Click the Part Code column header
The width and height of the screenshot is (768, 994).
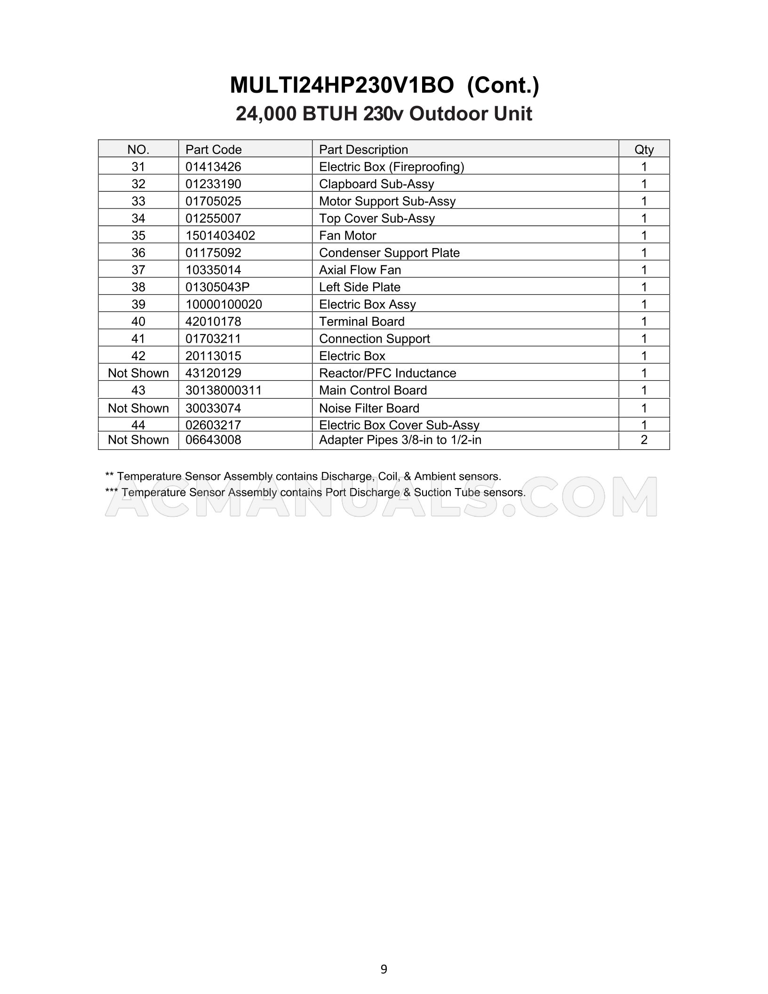pyautogui.click(x=213, y=150)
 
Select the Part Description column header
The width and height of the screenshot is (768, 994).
pyautogui.click(x=363, y=150)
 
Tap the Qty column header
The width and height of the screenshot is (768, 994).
pyautogui.click(x=644, y=150)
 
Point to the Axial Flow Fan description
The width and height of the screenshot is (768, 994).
pyautogui.click(x=360, y=270)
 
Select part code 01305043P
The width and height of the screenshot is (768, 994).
pyautogui.click(x=217, y=287)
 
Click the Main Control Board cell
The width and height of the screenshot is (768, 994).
pyautogui.click(x=373, y=390)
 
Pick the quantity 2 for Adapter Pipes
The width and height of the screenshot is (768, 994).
pyautogui.click(x=644, y=440)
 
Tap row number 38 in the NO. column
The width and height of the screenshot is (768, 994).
pyautogui.click(x=138, y=287)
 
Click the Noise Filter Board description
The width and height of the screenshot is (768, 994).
pyautogui.click(x=369, y=408)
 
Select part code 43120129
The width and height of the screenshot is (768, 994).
pyautogui.click(x=213, y=373)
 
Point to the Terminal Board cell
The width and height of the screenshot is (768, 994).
pyautogui.click(x=361, y=321)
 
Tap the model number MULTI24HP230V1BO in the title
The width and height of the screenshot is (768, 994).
pyautogui.click(x=342, y=85)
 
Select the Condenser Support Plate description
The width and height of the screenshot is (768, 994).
pyautogui.click(x=389, y=253)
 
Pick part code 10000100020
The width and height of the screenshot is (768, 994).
pyautogui.click(x=224, y=305)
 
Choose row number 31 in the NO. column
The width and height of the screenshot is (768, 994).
pyautogui.click(x=138, y=167)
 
